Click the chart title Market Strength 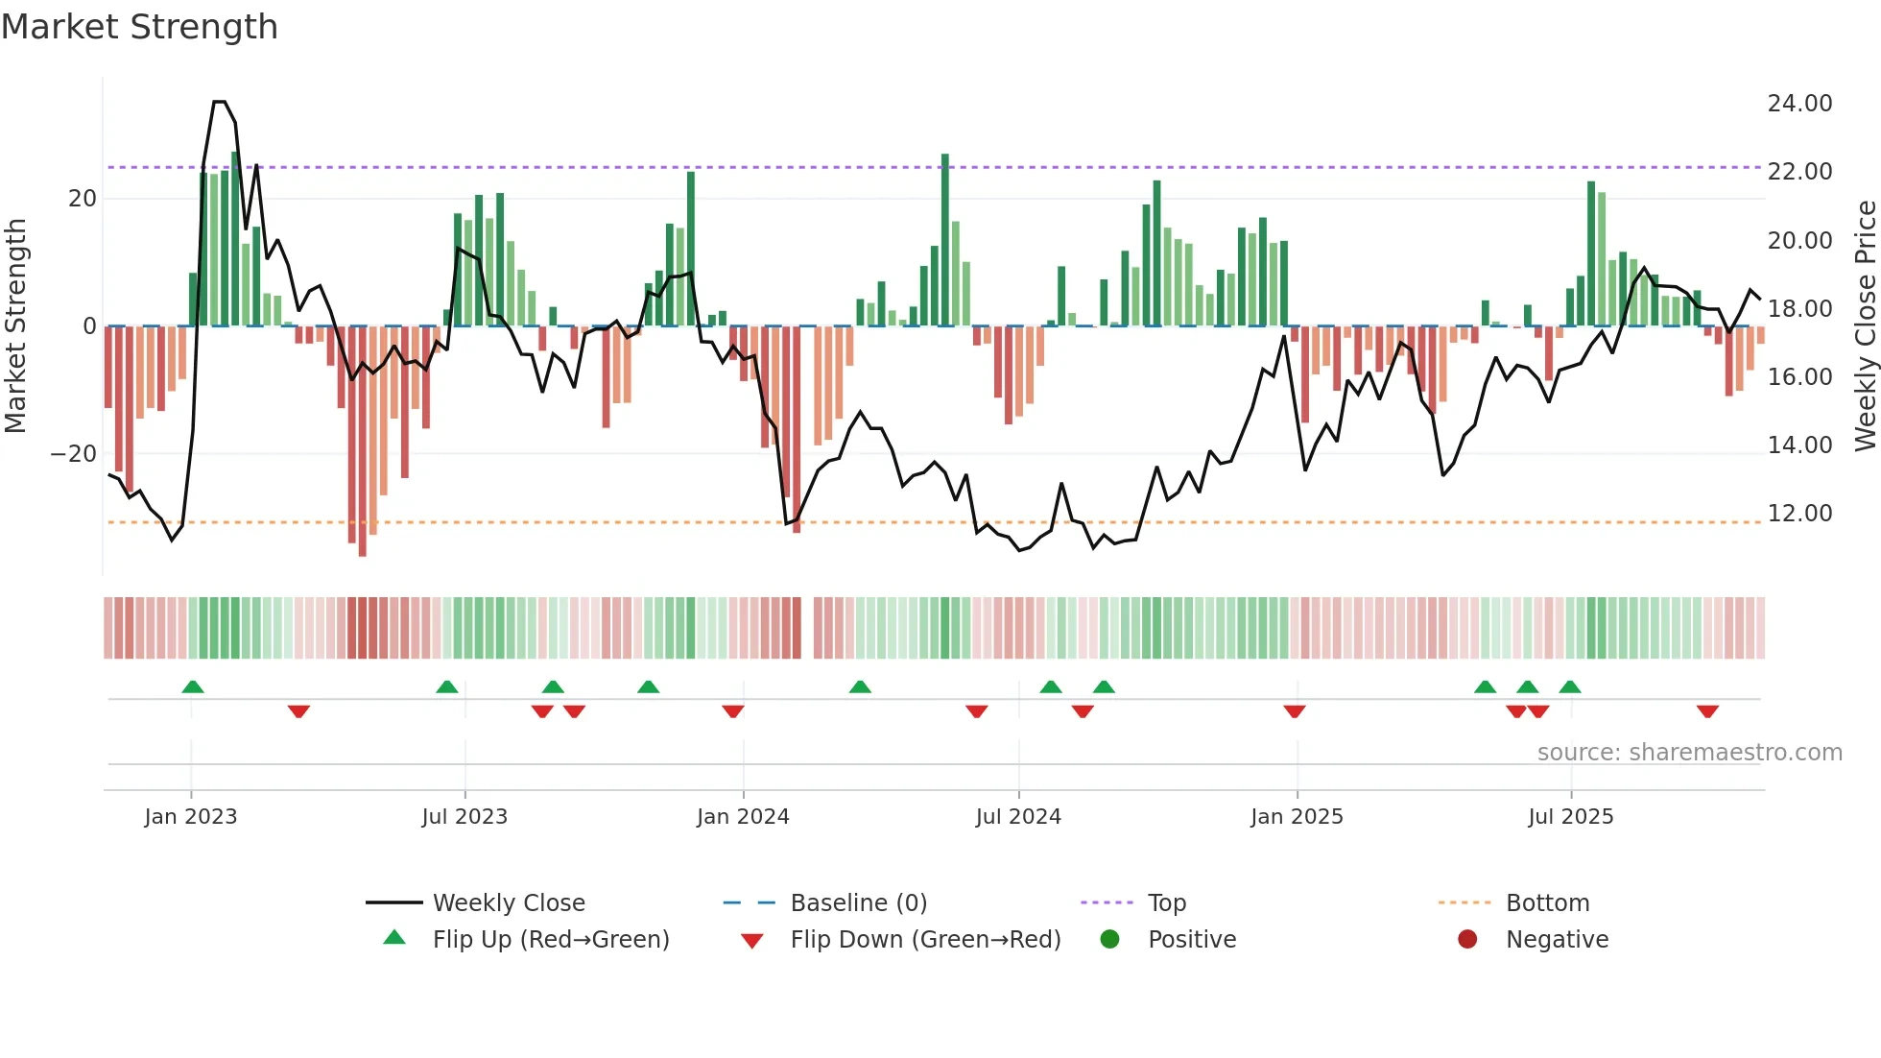click(x=139, y=27)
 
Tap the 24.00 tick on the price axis click(x=1799, y=104)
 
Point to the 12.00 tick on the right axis click(x=1799, y=514)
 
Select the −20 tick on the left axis click(x=74, y=454)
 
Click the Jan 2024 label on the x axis click(x=743, y=817)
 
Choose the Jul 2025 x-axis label click(x=1570, y=817)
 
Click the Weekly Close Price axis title click(x=1865, y=326)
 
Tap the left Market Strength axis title click(x=16, y=326)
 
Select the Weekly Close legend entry click(x=508, y=903)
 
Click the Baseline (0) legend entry click(x=858, y=903)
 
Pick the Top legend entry click(x=1166, y=903)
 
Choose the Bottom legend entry click(x=1547, y=903)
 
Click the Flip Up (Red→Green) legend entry click(x=550, y=940)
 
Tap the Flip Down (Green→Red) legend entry click(x=924, y=940)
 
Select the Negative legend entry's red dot click(x=1467, y=939)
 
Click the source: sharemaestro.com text click(x=1689, y=753)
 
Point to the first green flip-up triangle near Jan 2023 click(x=193, y=687)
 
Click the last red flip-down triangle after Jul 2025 click(x=1707, y=711)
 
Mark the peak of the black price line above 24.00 click(x=220, y=102)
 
